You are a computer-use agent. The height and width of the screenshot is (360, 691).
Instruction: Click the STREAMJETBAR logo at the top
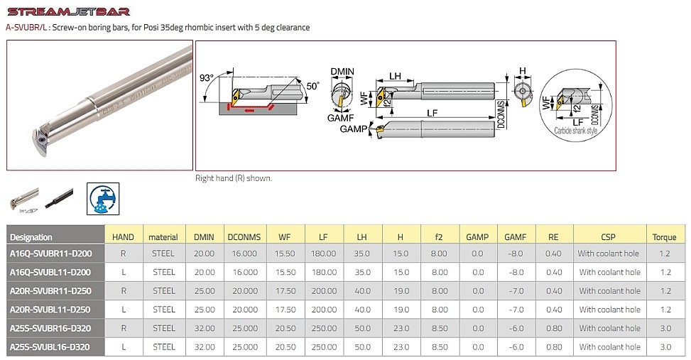(x=68, y=11)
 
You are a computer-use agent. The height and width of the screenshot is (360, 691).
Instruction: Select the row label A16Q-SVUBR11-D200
(x=50, y=253)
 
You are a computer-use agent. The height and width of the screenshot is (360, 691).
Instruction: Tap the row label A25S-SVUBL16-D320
(x=50, y=347)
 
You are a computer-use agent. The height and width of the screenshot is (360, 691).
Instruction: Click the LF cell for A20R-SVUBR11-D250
(x=324, y=290)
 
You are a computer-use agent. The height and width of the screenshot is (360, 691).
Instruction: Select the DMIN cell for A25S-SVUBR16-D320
(x=204, y=328)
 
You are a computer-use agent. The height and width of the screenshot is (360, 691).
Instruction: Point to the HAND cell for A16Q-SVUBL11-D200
(x=124, y=272)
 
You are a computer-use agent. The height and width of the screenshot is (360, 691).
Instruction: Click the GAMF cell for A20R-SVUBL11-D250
(x=515, y=310)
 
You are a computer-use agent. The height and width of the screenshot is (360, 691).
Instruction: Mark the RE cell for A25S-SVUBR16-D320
(x=553, y=328)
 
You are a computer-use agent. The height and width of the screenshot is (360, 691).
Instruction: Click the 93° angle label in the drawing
(x=206, y=77)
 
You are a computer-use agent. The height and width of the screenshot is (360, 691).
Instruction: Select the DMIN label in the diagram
(x=342, y=72)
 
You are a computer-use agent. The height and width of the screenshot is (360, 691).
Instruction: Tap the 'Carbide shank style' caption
(x=576, y=131)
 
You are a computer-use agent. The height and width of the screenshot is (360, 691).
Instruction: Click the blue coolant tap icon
(x=103, y=199)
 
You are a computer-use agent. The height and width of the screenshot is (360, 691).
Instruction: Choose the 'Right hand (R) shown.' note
(x=233, y=178)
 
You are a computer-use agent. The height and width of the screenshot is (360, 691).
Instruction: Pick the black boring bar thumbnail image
(x=59, y=198)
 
